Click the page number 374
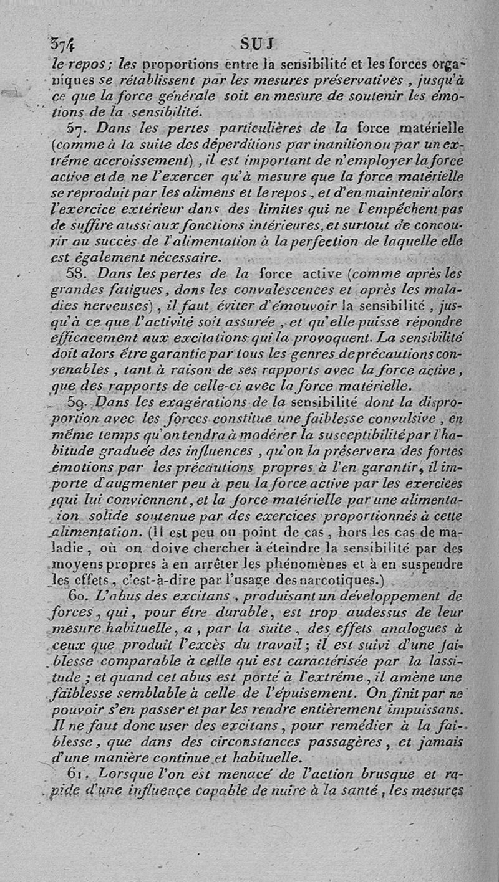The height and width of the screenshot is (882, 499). click(x=62, y=45)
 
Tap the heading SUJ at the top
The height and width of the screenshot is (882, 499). click(x=258, y=45)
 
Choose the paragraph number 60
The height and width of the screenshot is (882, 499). click(x=77, y=596)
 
